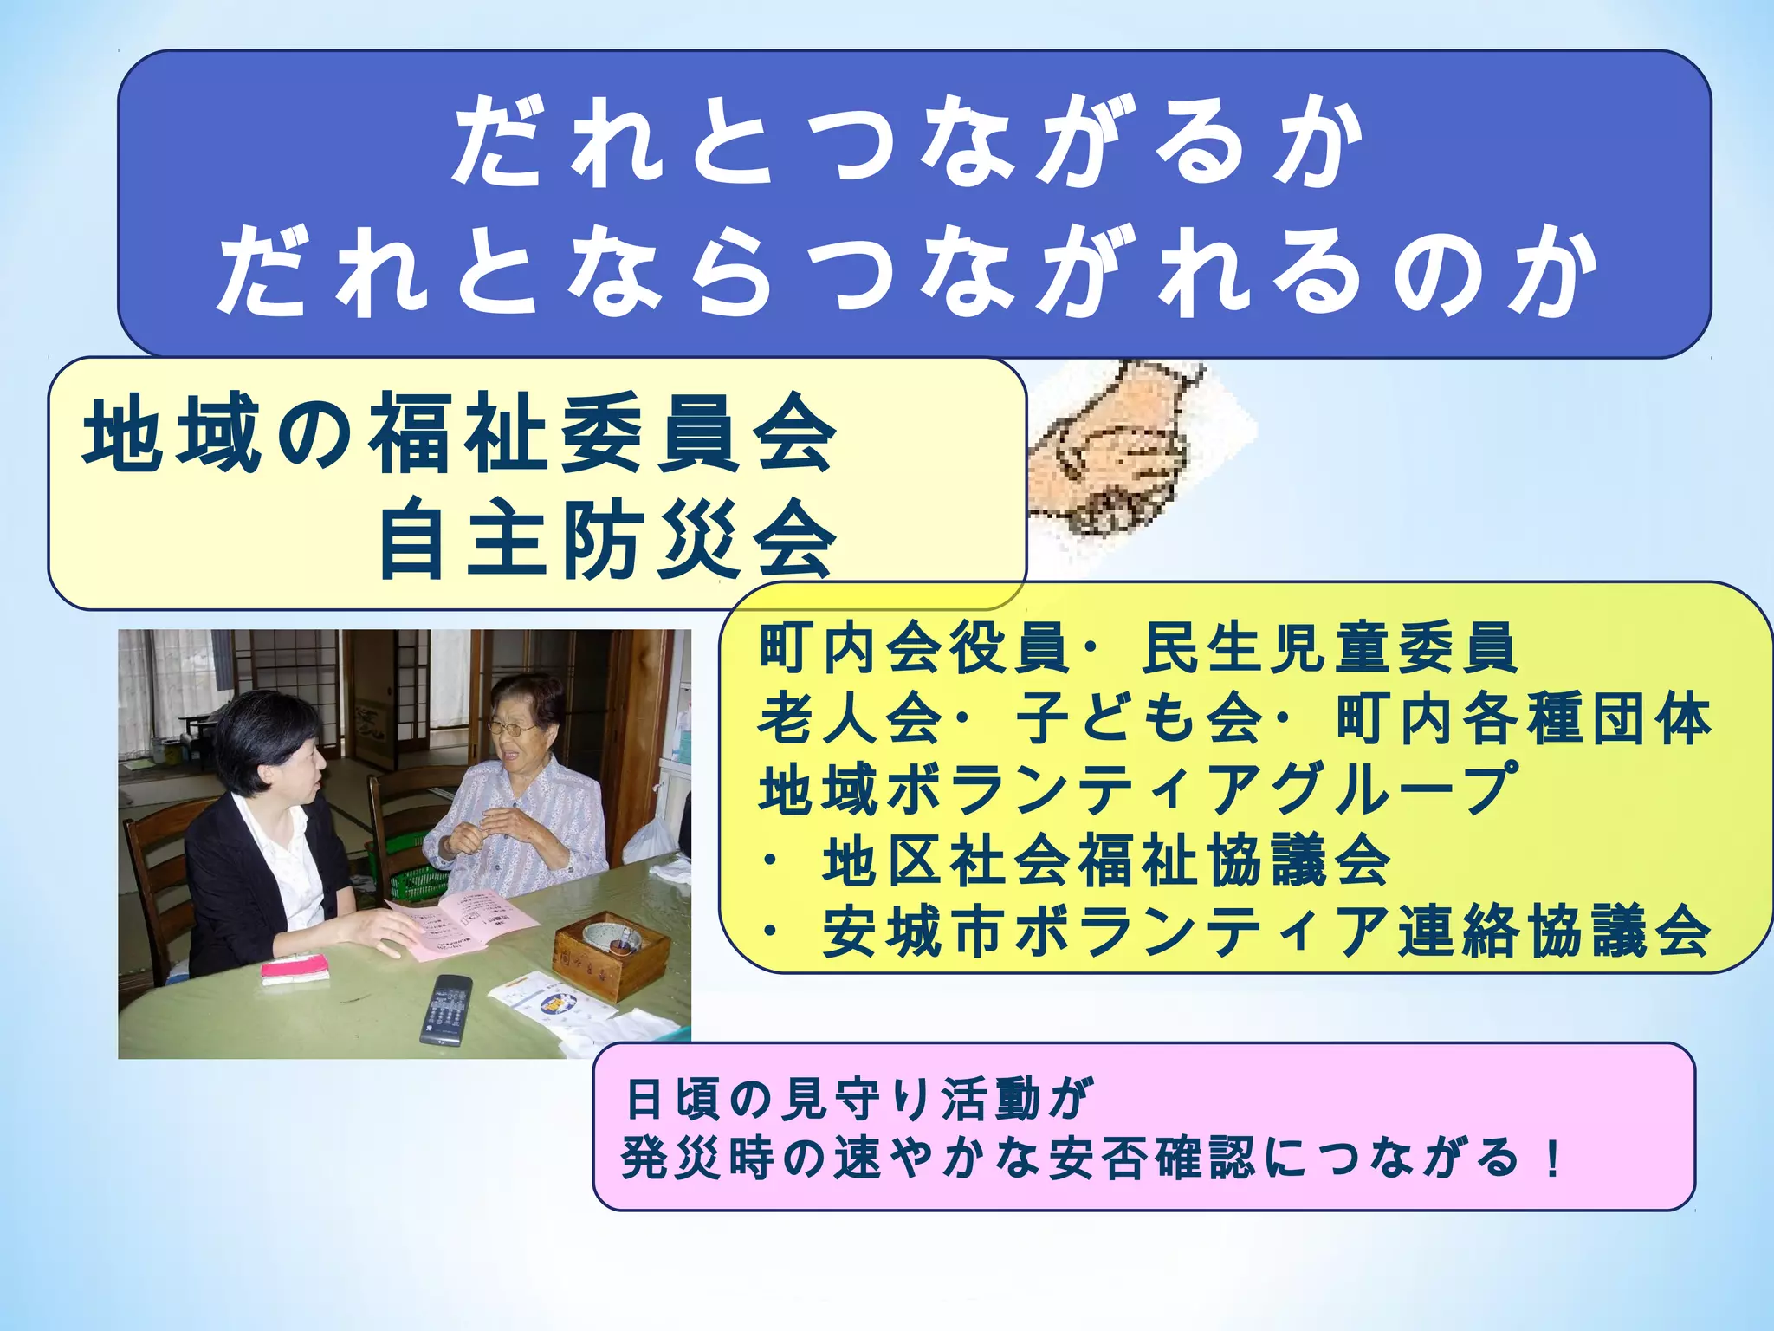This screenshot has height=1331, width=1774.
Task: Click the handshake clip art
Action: coord(1126,451)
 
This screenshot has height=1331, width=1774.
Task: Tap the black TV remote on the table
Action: coord(446,1009)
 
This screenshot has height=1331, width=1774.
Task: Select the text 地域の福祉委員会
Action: coord(460,433)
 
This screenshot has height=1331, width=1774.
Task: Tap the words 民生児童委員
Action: coord(1329,647)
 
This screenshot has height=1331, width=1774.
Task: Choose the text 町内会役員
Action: coord(914,647)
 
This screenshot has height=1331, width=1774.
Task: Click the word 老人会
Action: coord(850,718)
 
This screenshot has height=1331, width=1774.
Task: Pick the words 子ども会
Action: coord(1139,718)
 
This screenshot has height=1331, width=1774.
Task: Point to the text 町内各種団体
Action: coord(1524,718)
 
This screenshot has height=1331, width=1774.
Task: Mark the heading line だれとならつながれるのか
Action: coord(909,271)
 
